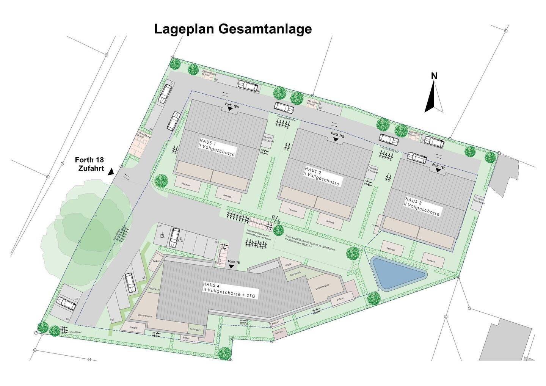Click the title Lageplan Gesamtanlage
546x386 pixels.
coord(233,29)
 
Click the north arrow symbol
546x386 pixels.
coord(434,97)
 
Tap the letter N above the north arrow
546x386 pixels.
coord(434,76)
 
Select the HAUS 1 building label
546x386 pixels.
coord(217,148)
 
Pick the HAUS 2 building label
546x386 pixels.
coord(322,177)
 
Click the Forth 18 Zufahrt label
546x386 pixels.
coord(89,164)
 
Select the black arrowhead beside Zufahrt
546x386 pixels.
coord(111,172)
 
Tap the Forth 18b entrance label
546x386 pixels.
coord(337,135)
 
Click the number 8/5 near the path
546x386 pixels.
coord(276,219)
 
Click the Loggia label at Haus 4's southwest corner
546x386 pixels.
coord(133,327)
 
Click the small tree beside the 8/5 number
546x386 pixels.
coord(279,230)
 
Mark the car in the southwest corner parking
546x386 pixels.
coord(66,303)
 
